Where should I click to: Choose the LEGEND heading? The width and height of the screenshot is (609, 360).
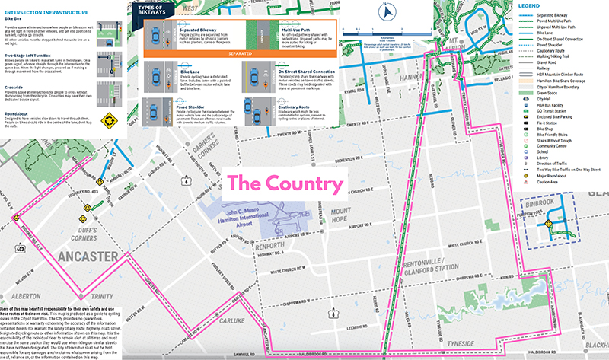tap(534, 7)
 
